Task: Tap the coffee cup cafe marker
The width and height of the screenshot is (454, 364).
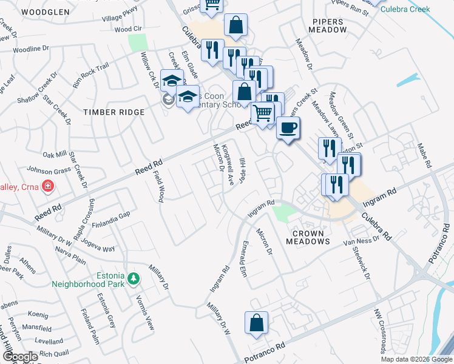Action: click(288, 128)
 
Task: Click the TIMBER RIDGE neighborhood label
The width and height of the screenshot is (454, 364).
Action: click(114, 112)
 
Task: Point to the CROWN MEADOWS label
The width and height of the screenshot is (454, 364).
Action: click(311, 237)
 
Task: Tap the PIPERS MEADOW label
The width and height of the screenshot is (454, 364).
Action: click(328, 25)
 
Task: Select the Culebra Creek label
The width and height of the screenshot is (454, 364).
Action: click(410, 10)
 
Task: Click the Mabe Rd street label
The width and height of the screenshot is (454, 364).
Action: click(424, 156)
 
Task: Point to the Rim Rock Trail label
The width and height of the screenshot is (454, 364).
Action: click(90, 76)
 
